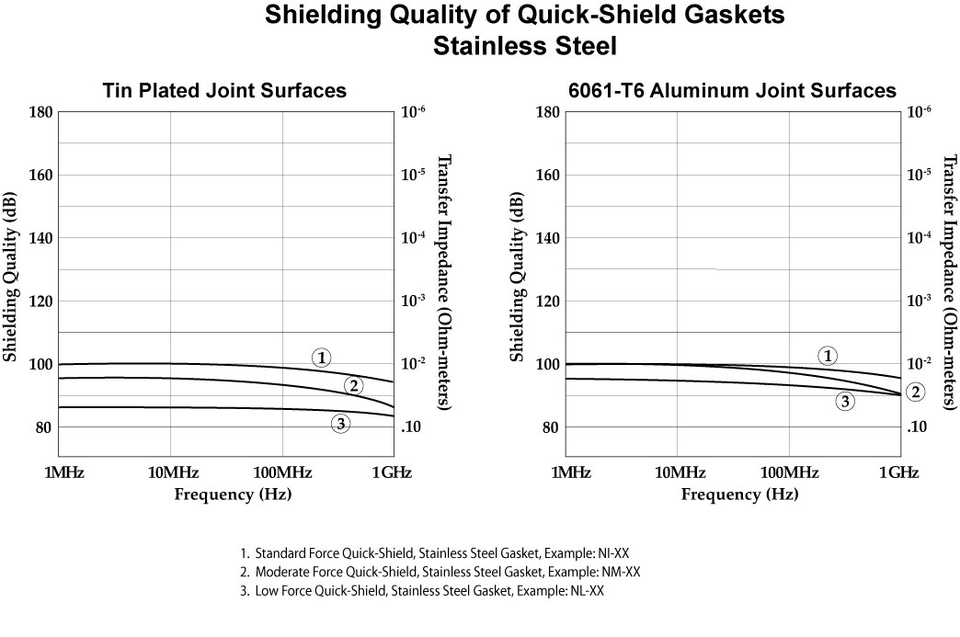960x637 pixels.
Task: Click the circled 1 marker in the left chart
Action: [x=321, y=358]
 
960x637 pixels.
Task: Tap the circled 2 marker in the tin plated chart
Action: [x=352, y=385]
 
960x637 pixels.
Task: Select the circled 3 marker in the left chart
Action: [x=341, y=424]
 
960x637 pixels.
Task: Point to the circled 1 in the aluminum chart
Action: [x=828, y=356]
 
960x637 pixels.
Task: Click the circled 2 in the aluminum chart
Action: [x=916, y=392]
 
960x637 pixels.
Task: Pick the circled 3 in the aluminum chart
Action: [x=844, y=400]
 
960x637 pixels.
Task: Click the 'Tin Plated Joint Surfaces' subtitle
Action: [x=224, y=90]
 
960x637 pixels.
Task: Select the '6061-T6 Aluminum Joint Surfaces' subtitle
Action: [x=733, y=90]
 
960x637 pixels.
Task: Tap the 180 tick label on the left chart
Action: [x=39, y=112]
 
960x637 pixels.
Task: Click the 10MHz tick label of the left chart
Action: [x=170, y=472]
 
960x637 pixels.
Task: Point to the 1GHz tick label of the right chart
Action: [x=898, y=472]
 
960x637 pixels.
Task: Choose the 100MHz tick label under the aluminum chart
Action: [x=789, y=472]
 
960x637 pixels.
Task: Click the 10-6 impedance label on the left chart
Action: [x=415, y=112]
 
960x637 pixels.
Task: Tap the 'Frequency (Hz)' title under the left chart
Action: [x=233, y=495]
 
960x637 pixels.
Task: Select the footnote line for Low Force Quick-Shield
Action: [x=422, y=591]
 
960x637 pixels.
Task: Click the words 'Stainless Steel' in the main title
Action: [x=524, y=45]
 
